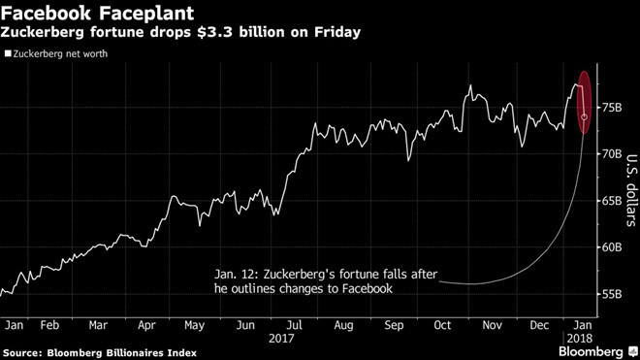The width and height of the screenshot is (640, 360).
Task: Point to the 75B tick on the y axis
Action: click(x=610, y=106)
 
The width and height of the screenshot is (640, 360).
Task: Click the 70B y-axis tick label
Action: click(x=610, y=153)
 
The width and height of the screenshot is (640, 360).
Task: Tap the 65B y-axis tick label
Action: click(x=610, y=200)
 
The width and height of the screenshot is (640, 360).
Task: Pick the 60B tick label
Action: click(x=610, y=246)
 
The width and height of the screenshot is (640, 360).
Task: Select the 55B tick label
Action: click(x=610, y=294)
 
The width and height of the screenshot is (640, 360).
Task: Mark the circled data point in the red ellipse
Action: click(x=585, y=116)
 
